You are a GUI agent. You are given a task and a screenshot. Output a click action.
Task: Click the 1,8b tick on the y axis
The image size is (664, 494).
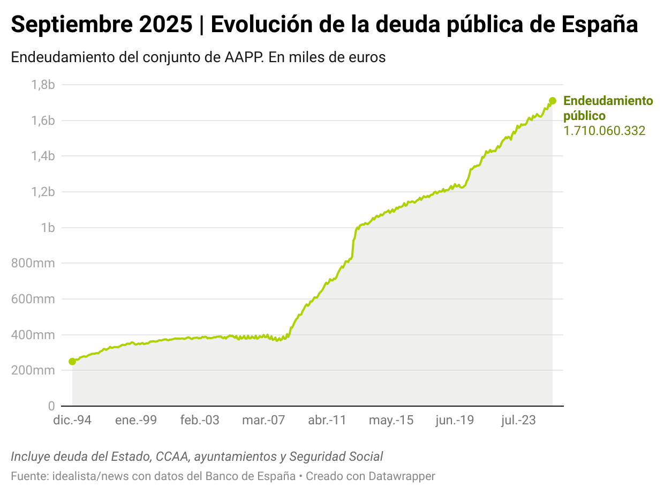coord(42,85)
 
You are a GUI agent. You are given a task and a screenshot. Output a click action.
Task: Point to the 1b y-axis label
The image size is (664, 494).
coord(48,228)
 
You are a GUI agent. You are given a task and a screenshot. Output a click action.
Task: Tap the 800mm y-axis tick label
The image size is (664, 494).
coord(33,263)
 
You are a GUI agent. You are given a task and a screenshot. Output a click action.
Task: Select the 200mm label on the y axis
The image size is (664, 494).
coord(33,370)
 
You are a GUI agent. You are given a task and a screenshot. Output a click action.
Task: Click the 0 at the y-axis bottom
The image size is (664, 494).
coord(51,406)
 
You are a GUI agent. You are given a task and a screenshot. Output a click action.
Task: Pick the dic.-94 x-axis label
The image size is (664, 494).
coord(72,420)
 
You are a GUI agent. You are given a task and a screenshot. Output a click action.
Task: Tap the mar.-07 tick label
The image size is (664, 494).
coord(263,420)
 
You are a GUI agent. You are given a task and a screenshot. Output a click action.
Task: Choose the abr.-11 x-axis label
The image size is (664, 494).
coord(327,420)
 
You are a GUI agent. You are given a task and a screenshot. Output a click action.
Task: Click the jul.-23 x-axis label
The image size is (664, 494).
coord(518,420)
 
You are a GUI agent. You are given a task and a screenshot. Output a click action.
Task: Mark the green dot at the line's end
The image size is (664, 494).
coord(553,101)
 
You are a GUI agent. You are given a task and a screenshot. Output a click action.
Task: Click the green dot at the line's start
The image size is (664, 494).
coord(72,362)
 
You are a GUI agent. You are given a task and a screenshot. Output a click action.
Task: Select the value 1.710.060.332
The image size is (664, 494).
coord(604,131)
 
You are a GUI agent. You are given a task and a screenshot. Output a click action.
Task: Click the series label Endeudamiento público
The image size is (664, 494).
coord(608,108)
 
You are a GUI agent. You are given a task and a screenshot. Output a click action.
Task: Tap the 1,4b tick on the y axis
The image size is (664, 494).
coord(42,156)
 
